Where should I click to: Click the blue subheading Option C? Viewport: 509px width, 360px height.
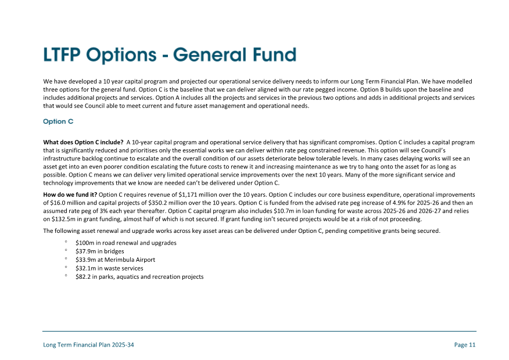point(58,121)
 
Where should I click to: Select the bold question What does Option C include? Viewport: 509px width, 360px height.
point(83,142)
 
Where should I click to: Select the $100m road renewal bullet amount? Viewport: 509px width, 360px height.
point(85,243)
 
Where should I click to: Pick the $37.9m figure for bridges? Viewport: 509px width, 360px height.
point(85,251)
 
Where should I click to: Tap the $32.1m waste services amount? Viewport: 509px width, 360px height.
point(85,268)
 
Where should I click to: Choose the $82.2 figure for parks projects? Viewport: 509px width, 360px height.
point(84,276)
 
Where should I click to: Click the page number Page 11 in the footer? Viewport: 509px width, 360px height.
point(465,345)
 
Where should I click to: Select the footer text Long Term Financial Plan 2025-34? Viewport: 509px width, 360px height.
point(88,345)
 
